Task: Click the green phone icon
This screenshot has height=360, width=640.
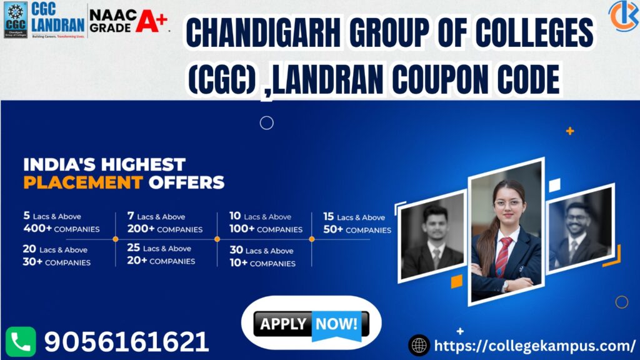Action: click(21, 342)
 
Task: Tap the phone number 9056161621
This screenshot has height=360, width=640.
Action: click(126, 342)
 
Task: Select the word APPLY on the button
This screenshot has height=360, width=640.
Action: click(283, 324)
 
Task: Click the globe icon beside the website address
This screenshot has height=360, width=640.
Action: click(418, 345)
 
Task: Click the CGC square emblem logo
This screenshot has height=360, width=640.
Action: click(16, 19)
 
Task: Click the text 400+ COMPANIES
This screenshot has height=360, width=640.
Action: click(61, 229)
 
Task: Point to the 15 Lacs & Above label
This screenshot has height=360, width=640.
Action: click(354, 217)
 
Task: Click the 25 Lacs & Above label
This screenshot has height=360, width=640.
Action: click(159, 248)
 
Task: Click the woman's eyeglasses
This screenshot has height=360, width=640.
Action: click(507, 204)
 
